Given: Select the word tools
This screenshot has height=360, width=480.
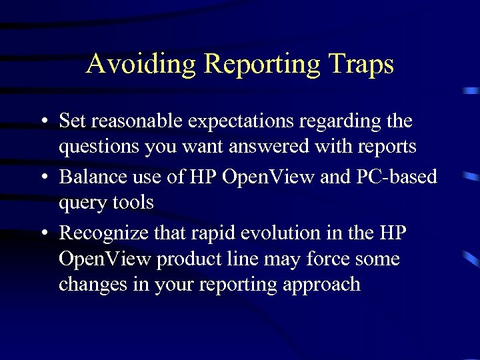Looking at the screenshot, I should pos(133,201).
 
